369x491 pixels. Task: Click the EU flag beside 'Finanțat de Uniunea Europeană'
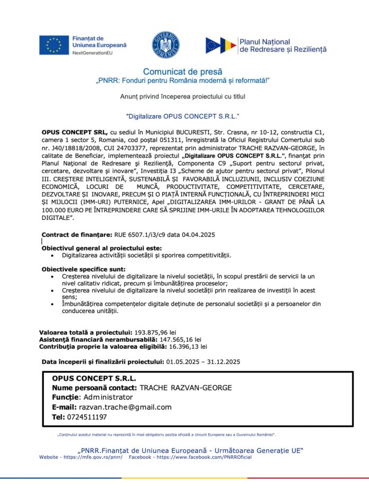coord(54,45)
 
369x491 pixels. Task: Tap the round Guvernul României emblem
coord(166,45)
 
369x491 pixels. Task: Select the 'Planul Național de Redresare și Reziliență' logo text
coord(283,45)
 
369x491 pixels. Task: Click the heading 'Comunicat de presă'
coord(183,71)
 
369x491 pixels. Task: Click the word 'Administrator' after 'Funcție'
coord(108,397)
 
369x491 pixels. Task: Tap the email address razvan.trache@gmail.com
coord(125,407)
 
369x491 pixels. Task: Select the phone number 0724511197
coord(87,417)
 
